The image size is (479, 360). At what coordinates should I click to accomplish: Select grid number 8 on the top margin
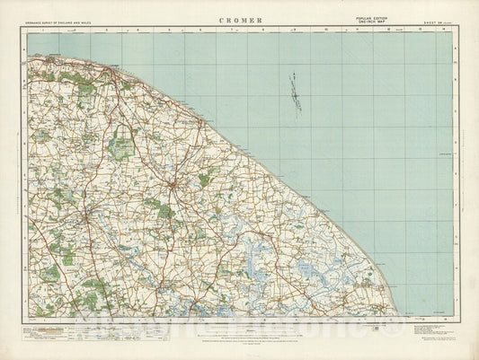[x=264, y=30]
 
